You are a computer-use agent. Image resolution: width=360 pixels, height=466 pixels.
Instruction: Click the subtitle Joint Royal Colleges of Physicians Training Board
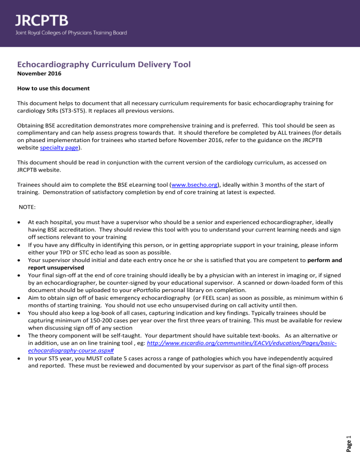[x=70, y=33]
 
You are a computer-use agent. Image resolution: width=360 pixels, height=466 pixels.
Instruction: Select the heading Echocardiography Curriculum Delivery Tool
[x=104, y=64]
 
